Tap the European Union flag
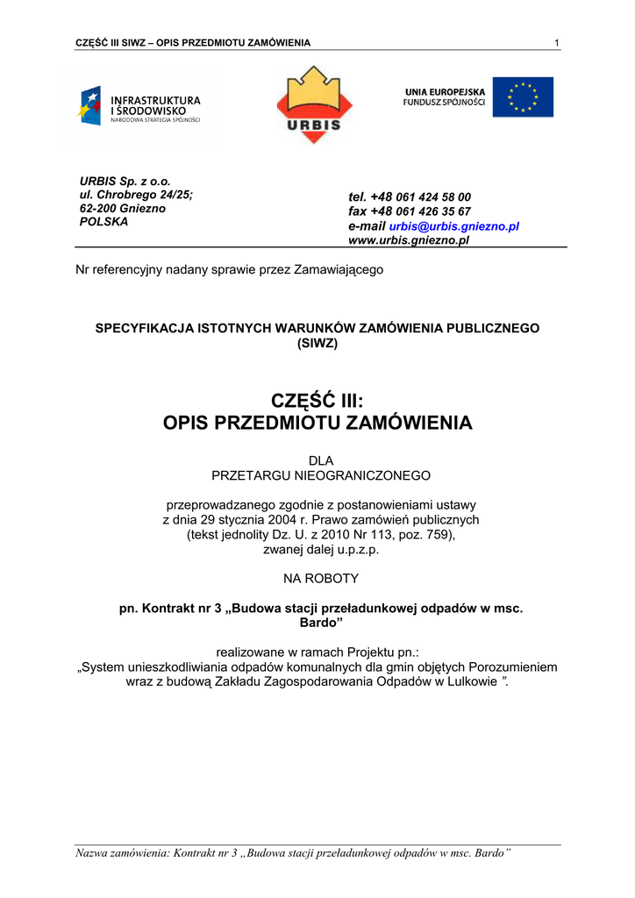coord(523,97)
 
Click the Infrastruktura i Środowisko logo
coord(140,107)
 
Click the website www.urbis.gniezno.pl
coord(409,240)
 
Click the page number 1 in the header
coord(557,44)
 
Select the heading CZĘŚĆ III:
coord(317,401)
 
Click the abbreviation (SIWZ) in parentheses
coord(317,344)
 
